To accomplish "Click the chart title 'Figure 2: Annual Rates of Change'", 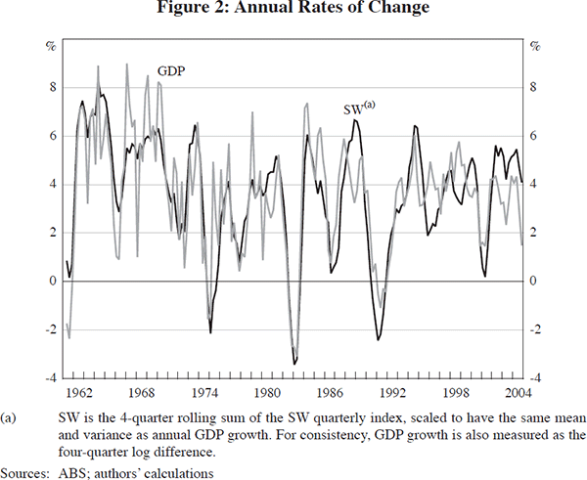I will click(x=293, y=11).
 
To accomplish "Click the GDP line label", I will click(x=171, y=71).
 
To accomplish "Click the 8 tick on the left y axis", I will click(x=54, y=87).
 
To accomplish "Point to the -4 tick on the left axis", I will click(x=52, y=378).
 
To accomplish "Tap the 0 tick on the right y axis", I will click(x=532, y=282).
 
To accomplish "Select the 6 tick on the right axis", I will click(x=532, y=136).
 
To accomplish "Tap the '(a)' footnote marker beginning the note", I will click(x=14, y=415).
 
